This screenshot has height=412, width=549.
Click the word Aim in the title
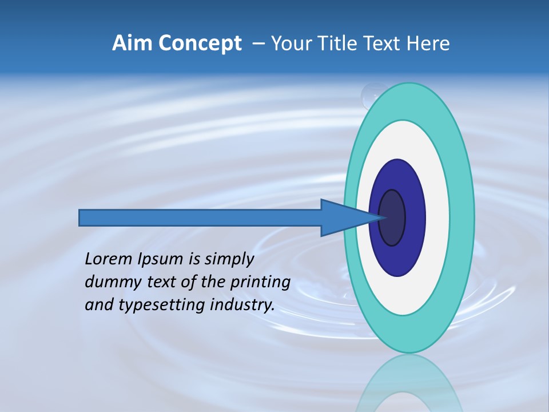pos(133,43)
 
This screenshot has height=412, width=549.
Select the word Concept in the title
pos(200,43)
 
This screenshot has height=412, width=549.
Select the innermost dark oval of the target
pos(392,218)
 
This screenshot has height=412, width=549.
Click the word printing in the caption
pos(260,283)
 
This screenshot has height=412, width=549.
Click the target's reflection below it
pos(408,383)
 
